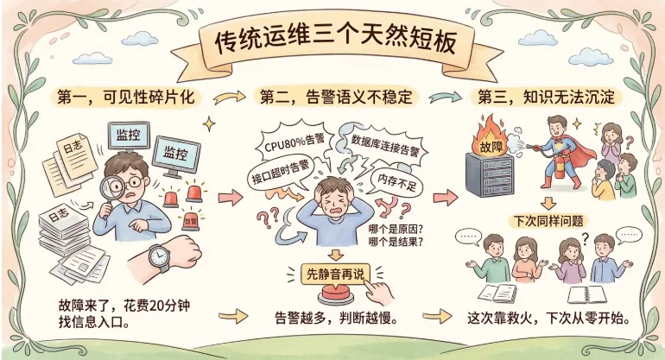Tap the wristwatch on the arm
coord(159,256)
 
